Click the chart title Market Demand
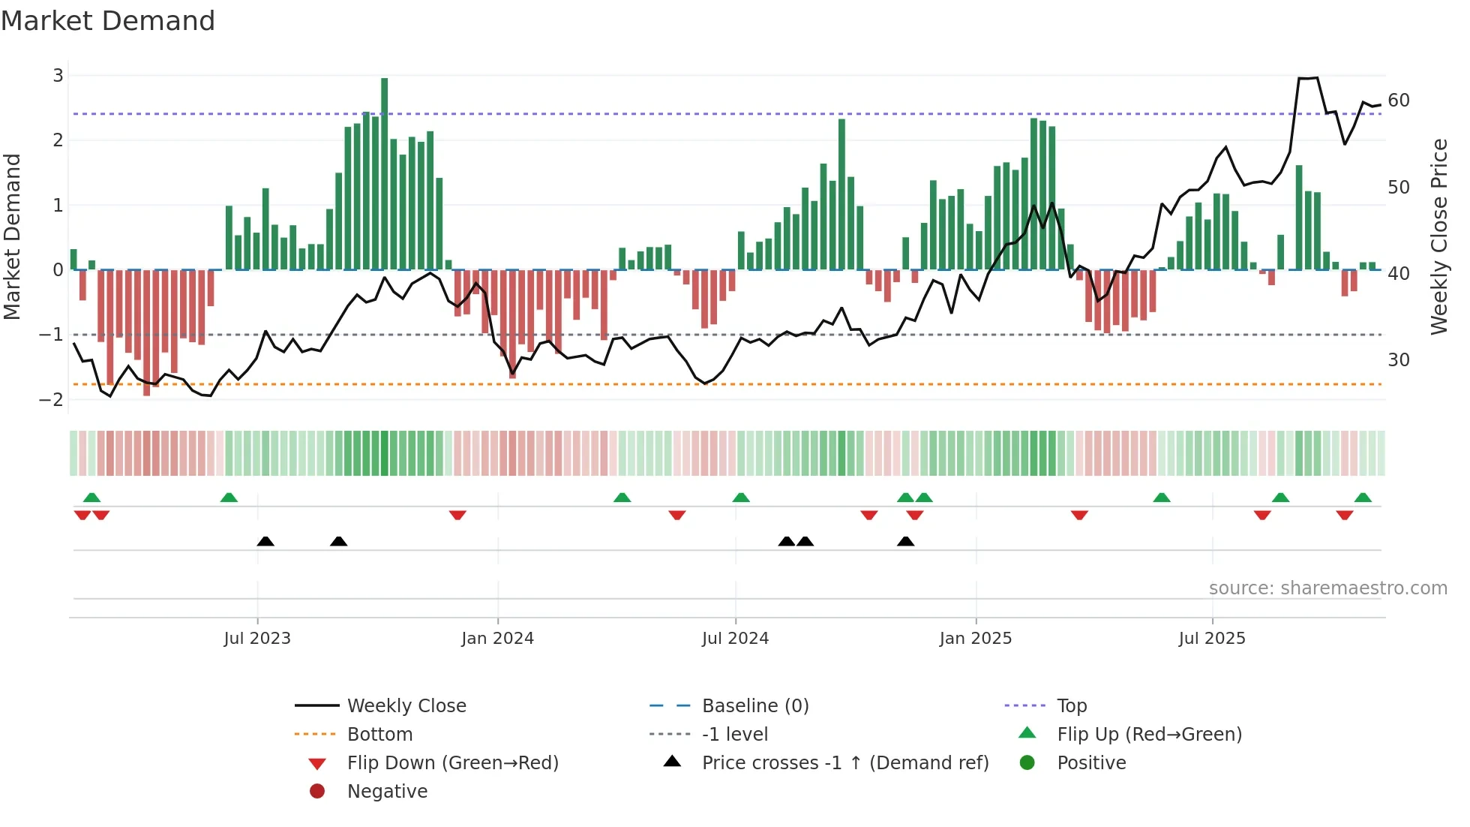108,21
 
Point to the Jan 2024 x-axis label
497,639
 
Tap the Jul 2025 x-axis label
1212,639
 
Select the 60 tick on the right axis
1399,101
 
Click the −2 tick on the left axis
52,399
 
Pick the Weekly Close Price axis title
1438,236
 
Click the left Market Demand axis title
13,236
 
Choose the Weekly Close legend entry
406,705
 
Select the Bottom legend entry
379,734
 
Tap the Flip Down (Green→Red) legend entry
452,762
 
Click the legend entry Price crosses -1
844,762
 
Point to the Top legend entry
1072,705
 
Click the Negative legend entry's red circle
317,791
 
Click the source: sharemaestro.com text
1327,588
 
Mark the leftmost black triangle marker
265,541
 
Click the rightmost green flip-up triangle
1363,498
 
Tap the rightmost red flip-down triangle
1344,515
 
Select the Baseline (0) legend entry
754,705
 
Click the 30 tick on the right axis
1399,360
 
